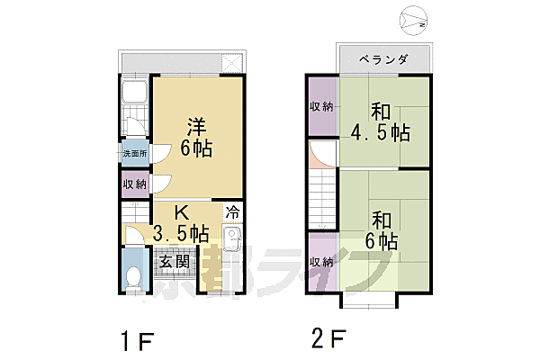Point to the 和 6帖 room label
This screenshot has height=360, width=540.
(382, 229)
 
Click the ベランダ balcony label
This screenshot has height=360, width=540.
(382, 59)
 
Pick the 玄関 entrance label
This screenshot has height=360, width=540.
(174, 262)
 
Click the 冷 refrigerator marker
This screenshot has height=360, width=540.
(232, 213)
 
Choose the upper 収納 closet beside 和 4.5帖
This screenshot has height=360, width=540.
(321, 106)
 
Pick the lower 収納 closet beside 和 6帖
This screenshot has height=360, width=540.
(321, 262)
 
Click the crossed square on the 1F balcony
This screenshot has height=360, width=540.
(232, 64)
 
